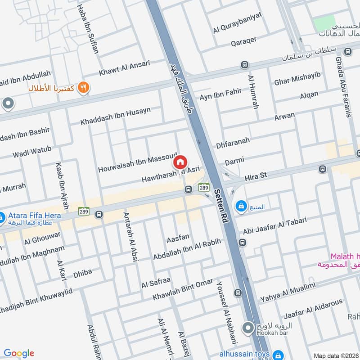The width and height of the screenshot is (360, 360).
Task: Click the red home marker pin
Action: click(180, 162)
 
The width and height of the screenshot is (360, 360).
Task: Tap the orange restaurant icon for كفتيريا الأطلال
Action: click(83, 87)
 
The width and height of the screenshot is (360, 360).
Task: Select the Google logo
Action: click(19, 353)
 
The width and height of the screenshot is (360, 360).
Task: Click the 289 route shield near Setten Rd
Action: click(204, 187)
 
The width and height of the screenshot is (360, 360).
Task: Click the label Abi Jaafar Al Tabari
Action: click(274, 225)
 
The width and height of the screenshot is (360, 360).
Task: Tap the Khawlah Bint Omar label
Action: click(182, 289)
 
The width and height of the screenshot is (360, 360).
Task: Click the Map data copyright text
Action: click(336, 355)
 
